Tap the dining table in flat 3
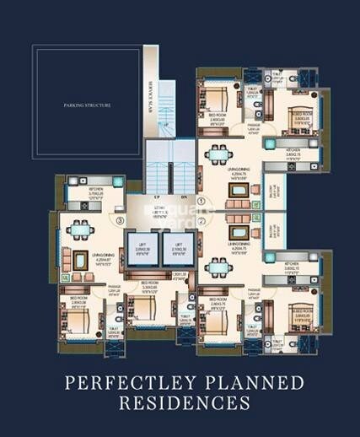tap(82, 230)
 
